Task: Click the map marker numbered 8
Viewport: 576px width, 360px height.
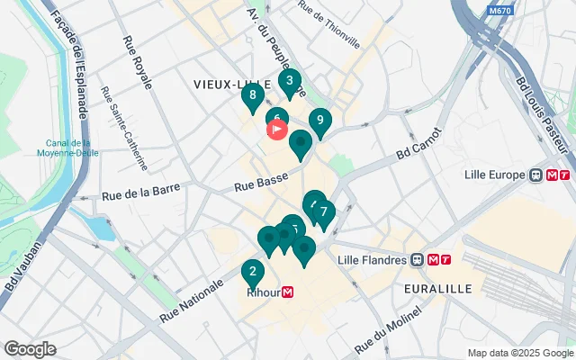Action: pyautogui.click(x=253, y=95)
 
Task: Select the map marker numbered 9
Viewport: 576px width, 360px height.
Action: pyautogui.click(x=319, y=120)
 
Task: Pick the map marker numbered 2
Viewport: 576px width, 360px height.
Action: pyautogui.click(x=253, y=271)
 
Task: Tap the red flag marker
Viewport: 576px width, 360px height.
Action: pyautogui.click(x=277, y=129)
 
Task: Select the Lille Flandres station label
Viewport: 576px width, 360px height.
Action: pyautogui.click(x=373, y=260)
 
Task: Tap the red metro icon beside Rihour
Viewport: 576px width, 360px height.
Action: pyautogui.click(x=288, y=292)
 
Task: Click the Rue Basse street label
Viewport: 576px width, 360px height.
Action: pyautogui.click(x=260, y=183)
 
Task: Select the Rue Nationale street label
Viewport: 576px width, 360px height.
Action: pyautogui.click(x=192, y=301)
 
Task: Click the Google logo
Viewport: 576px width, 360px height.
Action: pyautogui.click(x=31, y=349)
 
